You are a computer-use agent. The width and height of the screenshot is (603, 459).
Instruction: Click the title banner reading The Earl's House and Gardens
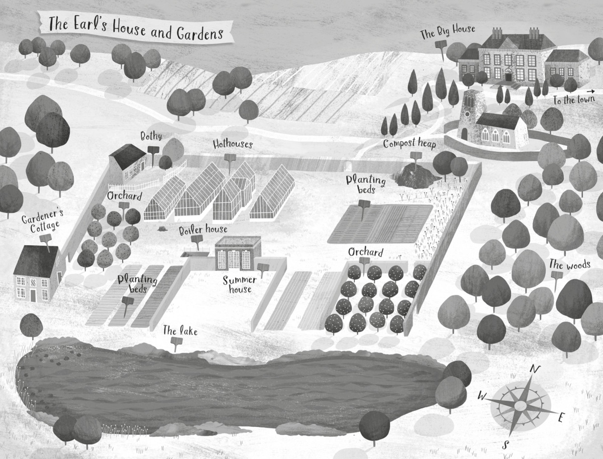pyautogui.click(x=136, y=28)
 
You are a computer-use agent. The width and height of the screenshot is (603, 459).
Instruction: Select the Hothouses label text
pyautogui.click(x=232, y=145)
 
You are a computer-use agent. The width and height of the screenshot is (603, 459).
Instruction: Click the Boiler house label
pyautogui.click(x=203, y=229)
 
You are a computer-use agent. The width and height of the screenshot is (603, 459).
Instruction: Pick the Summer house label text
pyautogui.click(x=240, y=284)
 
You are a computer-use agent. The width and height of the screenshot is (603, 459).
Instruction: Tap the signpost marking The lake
pyautogui.click(x=176, y=343)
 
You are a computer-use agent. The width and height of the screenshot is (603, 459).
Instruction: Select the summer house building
pyautogui.click(x=238, y=253)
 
